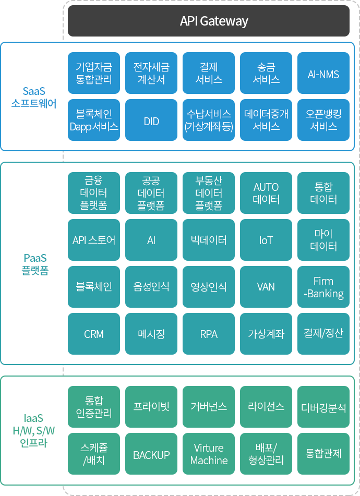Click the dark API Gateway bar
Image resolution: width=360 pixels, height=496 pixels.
pos(209,21)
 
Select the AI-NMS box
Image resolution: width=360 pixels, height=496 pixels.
pos(323,73)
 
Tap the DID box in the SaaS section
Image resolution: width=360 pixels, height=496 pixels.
pos(151,120)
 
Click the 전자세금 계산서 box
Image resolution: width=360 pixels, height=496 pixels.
pos(151,73)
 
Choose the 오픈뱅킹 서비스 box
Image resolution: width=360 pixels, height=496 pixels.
pos(323,120)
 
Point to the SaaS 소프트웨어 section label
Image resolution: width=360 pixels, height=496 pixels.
pos(34,97)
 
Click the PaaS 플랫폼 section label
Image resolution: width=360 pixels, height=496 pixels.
pos(35,264)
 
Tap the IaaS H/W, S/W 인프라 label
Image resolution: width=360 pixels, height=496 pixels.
pos(34,430)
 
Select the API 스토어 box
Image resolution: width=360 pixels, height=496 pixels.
pos(94,240)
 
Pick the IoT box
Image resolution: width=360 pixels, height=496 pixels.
pos(266,240)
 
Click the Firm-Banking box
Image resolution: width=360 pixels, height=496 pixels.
pos(323,287)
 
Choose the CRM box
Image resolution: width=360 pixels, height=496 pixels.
pos(94,334)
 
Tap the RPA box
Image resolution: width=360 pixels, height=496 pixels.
pos(209,334)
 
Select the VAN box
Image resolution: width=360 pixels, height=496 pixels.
pos(266,287)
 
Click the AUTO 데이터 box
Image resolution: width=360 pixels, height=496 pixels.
pos(266,193)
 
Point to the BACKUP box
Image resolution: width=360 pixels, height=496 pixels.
pos(151,454)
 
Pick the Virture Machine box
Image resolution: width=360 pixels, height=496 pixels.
pos(209,454)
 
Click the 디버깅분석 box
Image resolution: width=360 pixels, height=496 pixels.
pos(323,407)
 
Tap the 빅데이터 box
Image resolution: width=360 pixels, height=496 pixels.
pos(209,240)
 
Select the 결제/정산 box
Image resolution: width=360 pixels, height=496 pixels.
pos(323,334)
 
